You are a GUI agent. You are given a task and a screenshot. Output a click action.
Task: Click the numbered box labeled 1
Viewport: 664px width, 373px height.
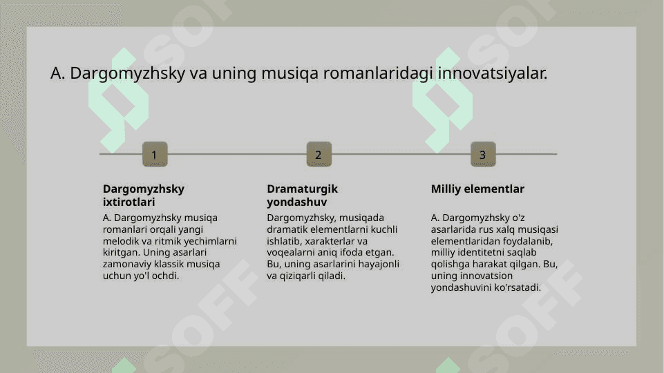[155, 154]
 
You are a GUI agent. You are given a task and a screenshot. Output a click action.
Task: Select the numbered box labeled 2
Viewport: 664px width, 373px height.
[319, 154]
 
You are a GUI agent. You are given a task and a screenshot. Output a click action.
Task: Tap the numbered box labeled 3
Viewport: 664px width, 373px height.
[483, 154]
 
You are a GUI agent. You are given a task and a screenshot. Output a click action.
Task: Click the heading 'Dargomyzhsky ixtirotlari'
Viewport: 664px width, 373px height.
[144, 195]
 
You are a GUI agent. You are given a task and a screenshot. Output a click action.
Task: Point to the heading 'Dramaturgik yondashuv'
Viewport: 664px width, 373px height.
[303, 195]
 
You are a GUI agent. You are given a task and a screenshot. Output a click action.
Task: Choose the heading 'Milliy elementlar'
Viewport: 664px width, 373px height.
[477, 189]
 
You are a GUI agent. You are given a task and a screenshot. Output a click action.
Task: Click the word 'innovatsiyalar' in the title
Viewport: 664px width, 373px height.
[493, 73]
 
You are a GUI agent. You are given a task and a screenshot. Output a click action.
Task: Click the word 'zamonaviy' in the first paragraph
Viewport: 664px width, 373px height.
[127, 264]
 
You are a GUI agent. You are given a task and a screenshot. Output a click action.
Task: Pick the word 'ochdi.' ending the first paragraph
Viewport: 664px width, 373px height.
[166, 276]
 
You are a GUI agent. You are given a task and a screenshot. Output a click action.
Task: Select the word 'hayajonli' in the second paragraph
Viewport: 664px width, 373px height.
[379, 264]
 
